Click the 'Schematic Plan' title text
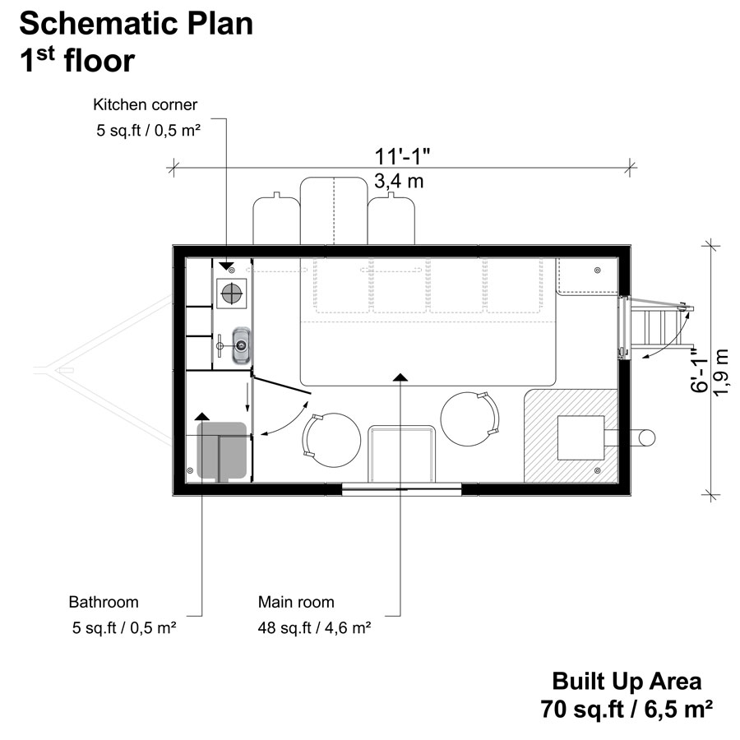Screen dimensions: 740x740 pos(136,24)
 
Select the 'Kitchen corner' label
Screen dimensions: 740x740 pos(145,104)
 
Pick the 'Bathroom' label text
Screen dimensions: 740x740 pos(104,602)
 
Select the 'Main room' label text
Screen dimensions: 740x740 pos(296,602)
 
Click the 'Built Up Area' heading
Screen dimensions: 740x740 pos(627,681)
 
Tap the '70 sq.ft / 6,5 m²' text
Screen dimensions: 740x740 pos(627,707)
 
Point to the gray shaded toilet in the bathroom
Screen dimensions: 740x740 pos(222,451)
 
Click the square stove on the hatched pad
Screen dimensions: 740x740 pos(582,437)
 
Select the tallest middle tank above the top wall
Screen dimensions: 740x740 pos(333,210)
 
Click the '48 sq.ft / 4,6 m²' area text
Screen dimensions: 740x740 pos(313,628)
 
